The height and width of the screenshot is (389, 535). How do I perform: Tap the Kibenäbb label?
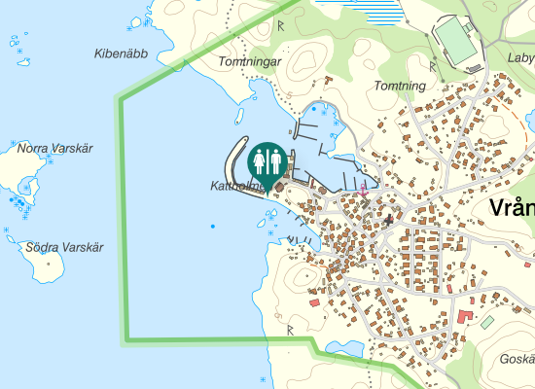click(x=121, y=53)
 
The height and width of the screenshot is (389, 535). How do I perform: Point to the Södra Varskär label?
click(x=64, y=247)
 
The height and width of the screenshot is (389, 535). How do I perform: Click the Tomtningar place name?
click(x=250, y=61)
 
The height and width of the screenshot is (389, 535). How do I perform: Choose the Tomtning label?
click(x=400, y=86)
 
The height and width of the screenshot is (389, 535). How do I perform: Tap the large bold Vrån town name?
click(x=512, y=209)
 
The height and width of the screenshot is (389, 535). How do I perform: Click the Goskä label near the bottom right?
click(x=516, y=359)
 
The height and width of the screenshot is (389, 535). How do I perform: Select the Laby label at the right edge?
click(x=520, y=57)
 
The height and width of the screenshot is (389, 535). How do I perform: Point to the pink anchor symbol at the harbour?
click(x=363, y=190)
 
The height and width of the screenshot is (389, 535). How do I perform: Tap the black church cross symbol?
click(x=389, y=221)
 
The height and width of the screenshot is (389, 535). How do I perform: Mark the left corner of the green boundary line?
click(x=121, y=98)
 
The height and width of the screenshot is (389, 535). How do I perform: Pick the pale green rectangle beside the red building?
click(x=487, y=321)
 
